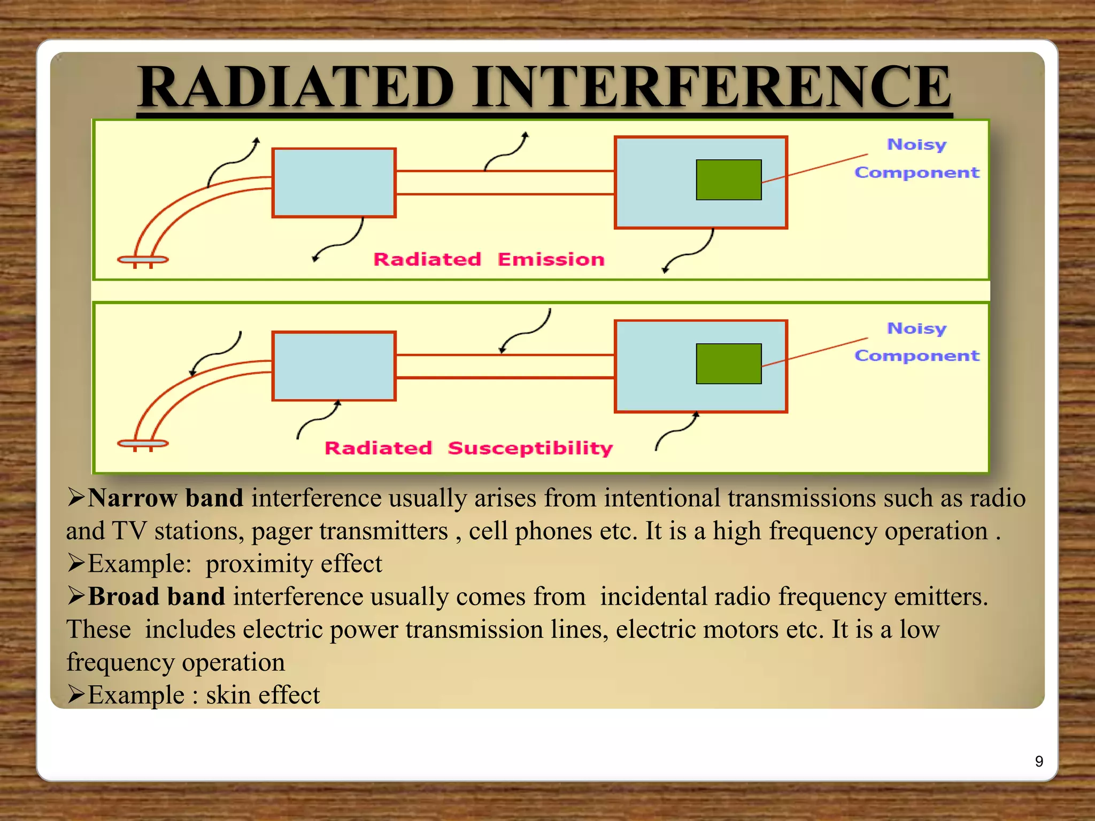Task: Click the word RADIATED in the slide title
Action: coord(296,87)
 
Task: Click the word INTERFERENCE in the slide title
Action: coord(711,87)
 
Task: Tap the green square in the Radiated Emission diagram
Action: coord(728,180)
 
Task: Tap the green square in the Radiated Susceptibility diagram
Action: coord(728,363)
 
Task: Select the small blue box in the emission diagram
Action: coord(334,183)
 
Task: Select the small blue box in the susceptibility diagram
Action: coord(334,366)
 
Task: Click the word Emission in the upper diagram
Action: coord(551,260)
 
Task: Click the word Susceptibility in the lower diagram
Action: coord(530,448)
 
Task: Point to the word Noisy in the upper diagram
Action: coord(916,145)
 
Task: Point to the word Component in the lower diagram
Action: coord(916,355)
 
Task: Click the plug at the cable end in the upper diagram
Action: coord(143,260)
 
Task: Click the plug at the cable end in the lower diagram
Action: coord(143,444)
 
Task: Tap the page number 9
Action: coord(1039,761)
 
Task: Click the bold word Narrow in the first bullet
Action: coord(133,498)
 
